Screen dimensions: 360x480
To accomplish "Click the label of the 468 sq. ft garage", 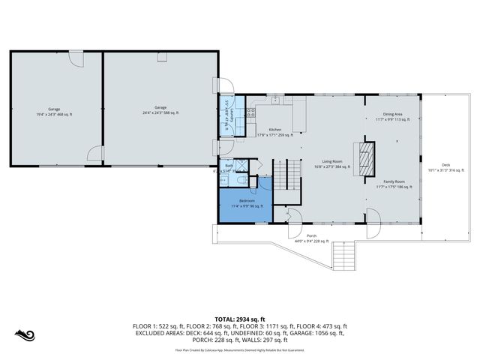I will click(x=55, y=111).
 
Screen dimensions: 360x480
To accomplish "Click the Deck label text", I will click(x=445, y=167).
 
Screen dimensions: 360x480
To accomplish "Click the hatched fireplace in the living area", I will click(x=366, y=158).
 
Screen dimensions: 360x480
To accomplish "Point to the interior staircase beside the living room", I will click(x=280, y=175).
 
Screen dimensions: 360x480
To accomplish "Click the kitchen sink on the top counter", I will click(x=275, y=97).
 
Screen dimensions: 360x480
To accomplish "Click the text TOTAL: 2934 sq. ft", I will click(x=240, y=319).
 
